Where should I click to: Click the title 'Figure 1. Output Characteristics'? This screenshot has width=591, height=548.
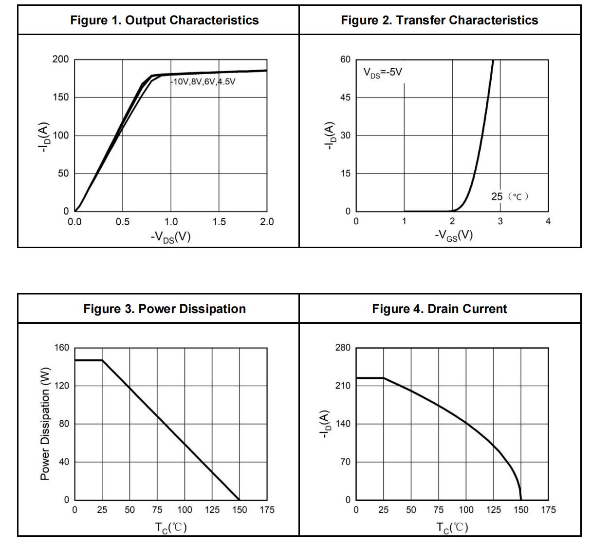point(165,20)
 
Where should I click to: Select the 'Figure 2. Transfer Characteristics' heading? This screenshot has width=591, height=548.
point(439,20)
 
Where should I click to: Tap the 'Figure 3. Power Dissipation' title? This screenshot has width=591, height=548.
point(165,309)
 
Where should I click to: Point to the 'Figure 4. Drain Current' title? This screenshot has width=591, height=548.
point(439,309)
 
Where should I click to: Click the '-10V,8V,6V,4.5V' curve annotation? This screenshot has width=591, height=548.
point(203,82)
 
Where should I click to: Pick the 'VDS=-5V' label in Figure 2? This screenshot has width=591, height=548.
point(383,73)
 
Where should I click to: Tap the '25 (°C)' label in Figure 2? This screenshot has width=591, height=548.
point(510,196)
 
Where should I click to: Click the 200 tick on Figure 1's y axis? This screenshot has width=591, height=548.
point(60,59)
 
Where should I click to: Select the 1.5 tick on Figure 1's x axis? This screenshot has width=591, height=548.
point(219,222)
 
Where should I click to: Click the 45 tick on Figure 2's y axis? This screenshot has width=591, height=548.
point(345,98)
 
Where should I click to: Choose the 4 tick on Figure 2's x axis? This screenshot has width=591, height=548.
point(548,222)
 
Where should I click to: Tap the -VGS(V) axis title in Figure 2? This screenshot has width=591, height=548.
point(453,235)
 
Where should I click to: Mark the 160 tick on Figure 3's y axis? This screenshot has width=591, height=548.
point(61,348)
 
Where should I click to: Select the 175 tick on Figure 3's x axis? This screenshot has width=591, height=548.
point(267,510)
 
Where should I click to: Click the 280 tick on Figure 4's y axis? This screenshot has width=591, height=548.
point(343,348)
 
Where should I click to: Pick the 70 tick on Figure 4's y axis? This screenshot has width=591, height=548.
point(345,462)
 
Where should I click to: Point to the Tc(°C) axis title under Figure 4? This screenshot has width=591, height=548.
point(452,527)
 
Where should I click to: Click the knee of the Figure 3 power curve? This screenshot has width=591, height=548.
point(102,360)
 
